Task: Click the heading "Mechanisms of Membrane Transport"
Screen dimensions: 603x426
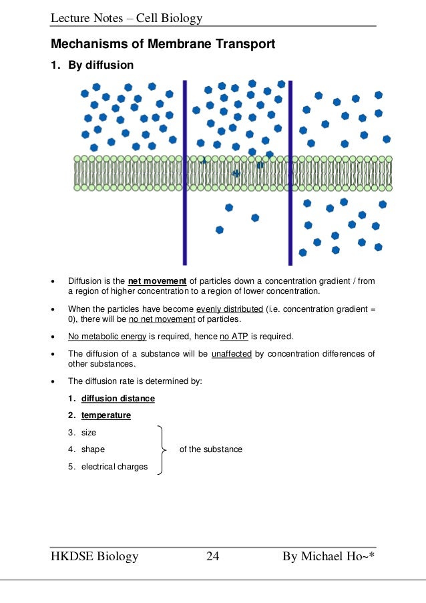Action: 164,45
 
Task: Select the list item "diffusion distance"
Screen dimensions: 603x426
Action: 118,398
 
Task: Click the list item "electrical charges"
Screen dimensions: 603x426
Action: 114,467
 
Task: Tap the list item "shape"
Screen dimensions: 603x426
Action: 93,449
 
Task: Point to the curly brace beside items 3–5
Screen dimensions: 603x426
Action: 162,449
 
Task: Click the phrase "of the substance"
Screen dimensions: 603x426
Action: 211,449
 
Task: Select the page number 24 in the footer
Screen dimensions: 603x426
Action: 213,556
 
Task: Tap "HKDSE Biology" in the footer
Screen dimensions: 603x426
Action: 95,556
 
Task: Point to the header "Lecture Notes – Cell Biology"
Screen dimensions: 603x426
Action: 127,18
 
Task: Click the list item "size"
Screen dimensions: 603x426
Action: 89,432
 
